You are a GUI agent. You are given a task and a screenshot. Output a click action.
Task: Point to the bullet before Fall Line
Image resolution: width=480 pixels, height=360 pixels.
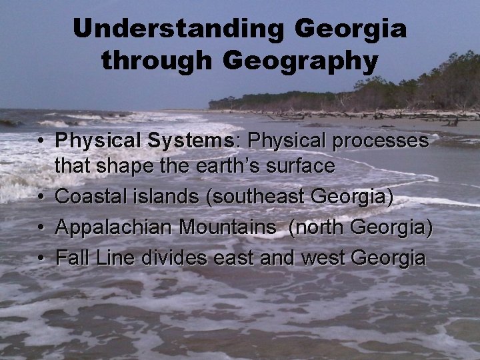41,259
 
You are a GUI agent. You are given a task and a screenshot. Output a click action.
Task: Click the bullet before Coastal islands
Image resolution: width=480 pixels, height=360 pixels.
41,198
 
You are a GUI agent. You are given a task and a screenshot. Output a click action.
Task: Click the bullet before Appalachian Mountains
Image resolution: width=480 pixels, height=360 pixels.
41,228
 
